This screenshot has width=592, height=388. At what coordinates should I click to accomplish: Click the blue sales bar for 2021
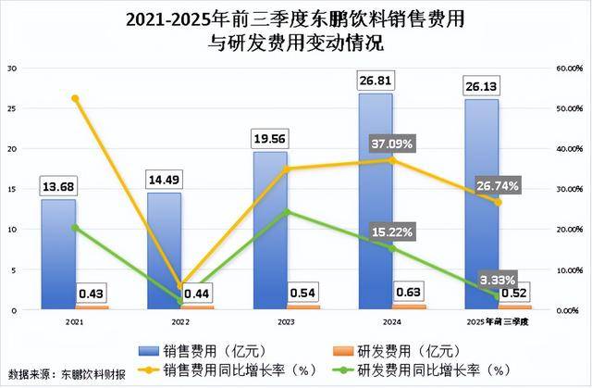pyautogui.click(x=57, y=254)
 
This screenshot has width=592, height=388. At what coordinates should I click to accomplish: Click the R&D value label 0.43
pyautogui.click(x=90, y=294)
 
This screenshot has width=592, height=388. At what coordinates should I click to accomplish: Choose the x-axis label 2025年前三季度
pyautogui.click(x=498, y=321)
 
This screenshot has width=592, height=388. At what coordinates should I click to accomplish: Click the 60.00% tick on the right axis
pyautogui.click(x=567, y=69)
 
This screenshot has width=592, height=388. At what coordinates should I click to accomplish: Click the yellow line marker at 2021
pyautogui.click(x=75, y=98)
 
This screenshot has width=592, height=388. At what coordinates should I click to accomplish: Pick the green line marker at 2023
pyautogui.click(x=287, y=212)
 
